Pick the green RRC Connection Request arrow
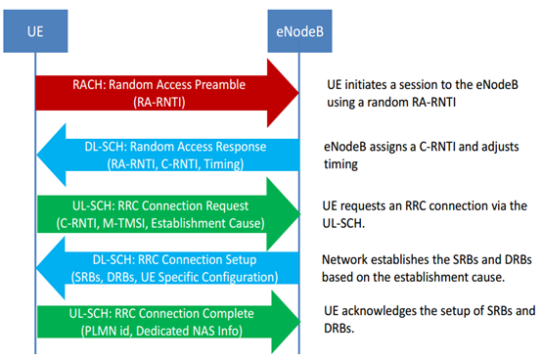tap(167, 214)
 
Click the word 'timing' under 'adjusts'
tap(339, 163)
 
